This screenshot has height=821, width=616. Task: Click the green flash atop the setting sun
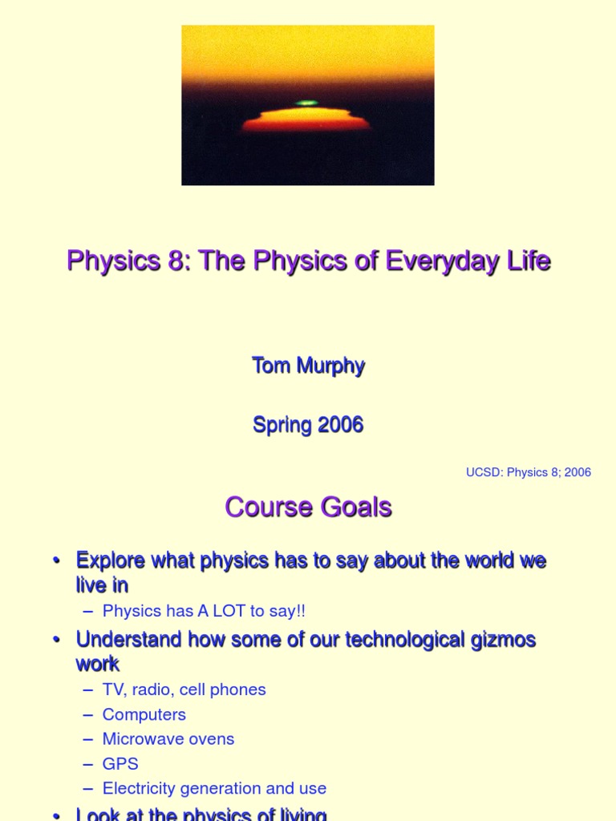click(306, 103)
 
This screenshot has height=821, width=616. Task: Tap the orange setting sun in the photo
click(306, 120)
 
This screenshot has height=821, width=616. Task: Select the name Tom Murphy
click(308, 366)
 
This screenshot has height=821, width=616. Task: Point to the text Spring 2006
click(308, 425)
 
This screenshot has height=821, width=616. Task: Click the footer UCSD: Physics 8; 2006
click(529, 472)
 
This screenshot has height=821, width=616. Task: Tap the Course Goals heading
click(308, 508)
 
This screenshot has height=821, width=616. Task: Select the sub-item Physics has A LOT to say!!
click(204, 611)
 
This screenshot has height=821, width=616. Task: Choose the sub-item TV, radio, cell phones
click(184, 690)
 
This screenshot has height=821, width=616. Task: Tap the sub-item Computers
click(144, 714)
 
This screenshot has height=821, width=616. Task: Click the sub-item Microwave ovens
click(168, 739)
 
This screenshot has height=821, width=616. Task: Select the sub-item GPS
click(120, 764)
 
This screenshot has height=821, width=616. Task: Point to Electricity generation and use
click(214, 789)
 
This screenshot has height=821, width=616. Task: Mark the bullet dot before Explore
click(57, 561)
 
